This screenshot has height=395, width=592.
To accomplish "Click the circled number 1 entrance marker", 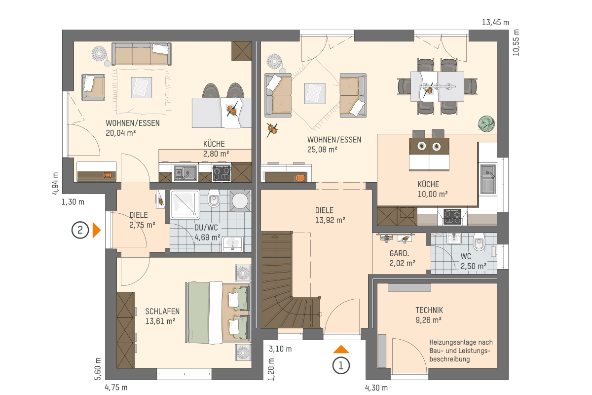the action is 341,366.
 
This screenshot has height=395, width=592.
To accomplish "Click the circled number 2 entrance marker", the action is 80,230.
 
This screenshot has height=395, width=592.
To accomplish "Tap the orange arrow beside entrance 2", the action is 97,230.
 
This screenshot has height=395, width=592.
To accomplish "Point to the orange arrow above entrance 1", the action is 341,349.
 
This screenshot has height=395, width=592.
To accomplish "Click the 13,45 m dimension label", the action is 495,23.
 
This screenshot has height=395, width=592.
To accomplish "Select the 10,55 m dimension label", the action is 516,42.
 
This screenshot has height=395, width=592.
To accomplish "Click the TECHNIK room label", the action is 429,310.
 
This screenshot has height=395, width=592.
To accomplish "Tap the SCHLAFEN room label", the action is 162,311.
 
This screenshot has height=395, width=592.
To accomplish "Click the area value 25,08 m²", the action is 322,150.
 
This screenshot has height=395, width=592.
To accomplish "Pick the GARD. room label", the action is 399,253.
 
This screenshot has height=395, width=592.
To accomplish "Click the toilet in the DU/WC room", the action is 214,198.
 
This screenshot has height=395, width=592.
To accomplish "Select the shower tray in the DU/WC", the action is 185,204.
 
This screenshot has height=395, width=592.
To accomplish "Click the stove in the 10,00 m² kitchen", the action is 452,217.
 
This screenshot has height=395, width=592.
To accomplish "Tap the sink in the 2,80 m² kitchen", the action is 185,173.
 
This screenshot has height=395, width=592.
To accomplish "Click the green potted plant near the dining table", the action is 486,123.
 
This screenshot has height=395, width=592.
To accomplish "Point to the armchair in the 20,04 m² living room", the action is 93,87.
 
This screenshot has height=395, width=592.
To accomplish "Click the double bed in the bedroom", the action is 218,313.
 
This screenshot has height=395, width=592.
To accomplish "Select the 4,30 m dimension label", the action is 376,388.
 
